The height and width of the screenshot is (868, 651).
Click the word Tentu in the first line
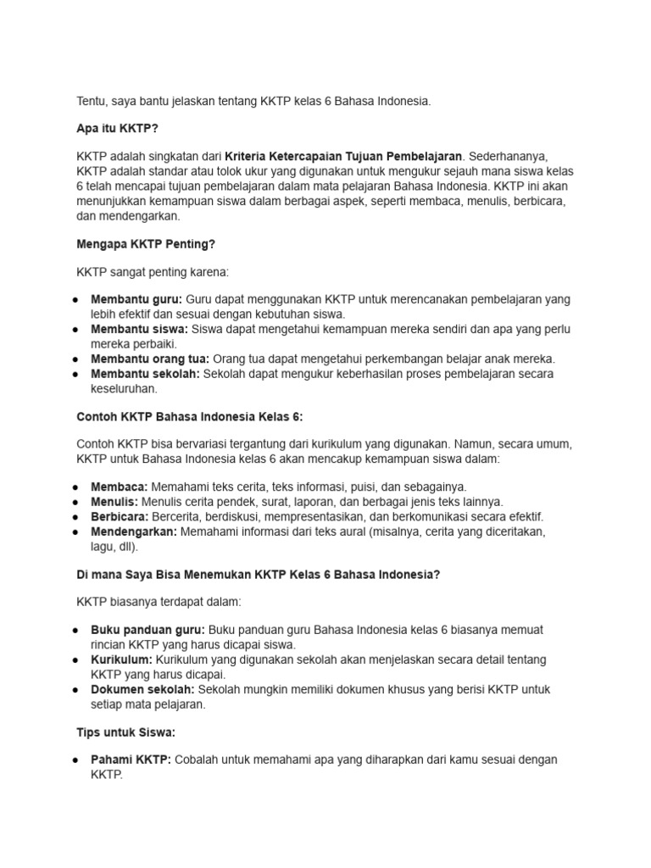point(92,101)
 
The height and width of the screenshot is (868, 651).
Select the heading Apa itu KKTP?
point(118,129)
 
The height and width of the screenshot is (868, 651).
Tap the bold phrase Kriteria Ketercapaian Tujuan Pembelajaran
point(343,157)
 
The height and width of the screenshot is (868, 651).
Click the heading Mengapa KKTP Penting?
point(146,244)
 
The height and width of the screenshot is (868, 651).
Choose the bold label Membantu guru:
point(136,300)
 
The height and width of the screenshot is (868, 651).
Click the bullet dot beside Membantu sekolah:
point(76,373)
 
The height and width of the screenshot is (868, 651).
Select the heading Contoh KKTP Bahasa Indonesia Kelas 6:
point(190,416)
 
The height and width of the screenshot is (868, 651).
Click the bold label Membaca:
point(120,487)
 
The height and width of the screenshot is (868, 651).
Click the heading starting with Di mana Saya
point(259,574)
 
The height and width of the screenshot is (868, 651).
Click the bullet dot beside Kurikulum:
point(76,659)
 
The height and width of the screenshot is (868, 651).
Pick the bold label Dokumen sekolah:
point(142,689)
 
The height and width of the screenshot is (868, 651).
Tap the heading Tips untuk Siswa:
point(126,732)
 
